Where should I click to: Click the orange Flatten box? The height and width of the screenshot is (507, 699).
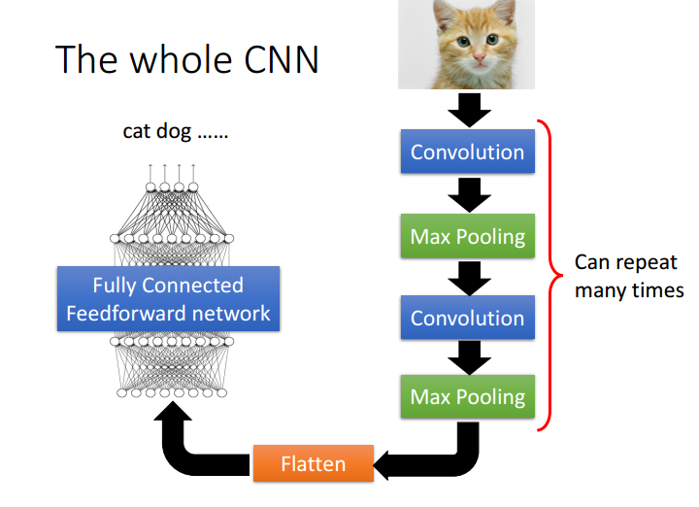314,463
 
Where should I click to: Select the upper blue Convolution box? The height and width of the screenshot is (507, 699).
468,152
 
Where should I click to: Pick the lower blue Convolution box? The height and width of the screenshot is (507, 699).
468,317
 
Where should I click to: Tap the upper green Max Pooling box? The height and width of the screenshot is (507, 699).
468,236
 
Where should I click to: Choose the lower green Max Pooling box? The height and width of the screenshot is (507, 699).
468,396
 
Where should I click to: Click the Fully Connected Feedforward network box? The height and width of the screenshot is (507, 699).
168,299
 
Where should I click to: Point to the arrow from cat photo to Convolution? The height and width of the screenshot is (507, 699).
470,110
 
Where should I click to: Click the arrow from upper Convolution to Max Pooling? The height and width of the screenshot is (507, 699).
470,195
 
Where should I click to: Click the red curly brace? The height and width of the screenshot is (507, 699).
551,276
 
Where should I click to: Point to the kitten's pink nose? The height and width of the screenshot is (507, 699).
480,57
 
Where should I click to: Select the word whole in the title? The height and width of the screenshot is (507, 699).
182,59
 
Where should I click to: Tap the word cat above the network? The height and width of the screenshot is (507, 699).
137,131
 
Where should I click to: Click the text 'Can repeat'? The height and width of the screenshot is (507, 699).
626,262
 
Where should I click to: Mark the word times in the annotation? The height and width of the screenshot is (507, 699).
658,290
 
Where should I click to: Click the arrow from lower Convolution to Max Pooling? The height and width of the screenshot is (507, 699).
470,357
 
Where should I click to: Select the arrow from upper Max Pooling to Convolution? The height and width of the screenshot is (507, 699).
470,278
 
